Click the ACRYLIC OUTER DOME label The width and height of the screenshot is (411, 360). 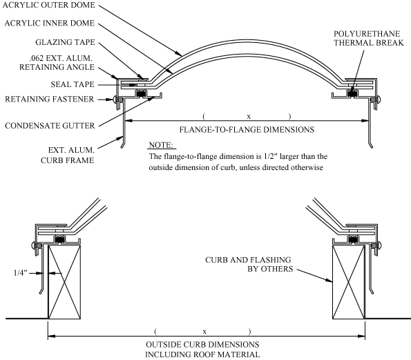point(49,5)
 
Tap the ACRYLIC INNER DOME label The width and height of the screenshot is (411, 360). point(49,23)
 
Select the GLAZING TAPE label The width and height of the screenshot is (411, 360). point(65,42)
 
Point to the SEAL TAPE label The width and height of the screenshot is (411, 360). point(73,84)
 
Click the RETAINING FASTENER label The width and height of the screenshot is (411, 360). point(49,99)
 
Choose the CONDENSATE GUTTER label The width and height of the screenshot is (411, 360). point(50,125)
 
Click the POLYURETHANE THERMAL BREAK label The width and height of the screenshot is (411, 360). point(369,38)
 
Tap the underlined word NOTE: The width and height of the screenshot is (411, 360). point(161,145)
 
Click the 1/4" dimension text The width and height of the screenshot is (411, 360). point(21,273)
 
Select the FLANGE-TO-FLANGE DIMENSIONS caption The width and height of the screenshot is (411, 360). point(247,129)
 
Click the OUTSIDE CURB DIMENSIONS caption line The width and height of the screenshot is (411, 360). point(202,344)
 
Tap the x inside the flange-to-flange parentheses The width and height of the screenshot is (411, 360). point(249,116)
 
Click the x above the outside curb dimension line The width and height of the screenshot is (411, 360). point(204,332)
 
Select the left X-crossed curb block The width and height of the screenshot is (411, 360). point(64,282)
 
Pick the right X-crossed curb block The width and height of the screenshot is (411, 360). point(349,282)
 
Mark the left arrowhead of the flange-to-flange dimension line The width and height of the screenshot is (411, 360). point(128,121)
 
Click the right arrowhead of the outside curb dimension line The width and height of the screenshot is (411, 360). point(361,336)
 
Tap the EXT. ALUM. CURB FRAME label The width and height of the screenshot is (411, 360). point(68,155)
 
